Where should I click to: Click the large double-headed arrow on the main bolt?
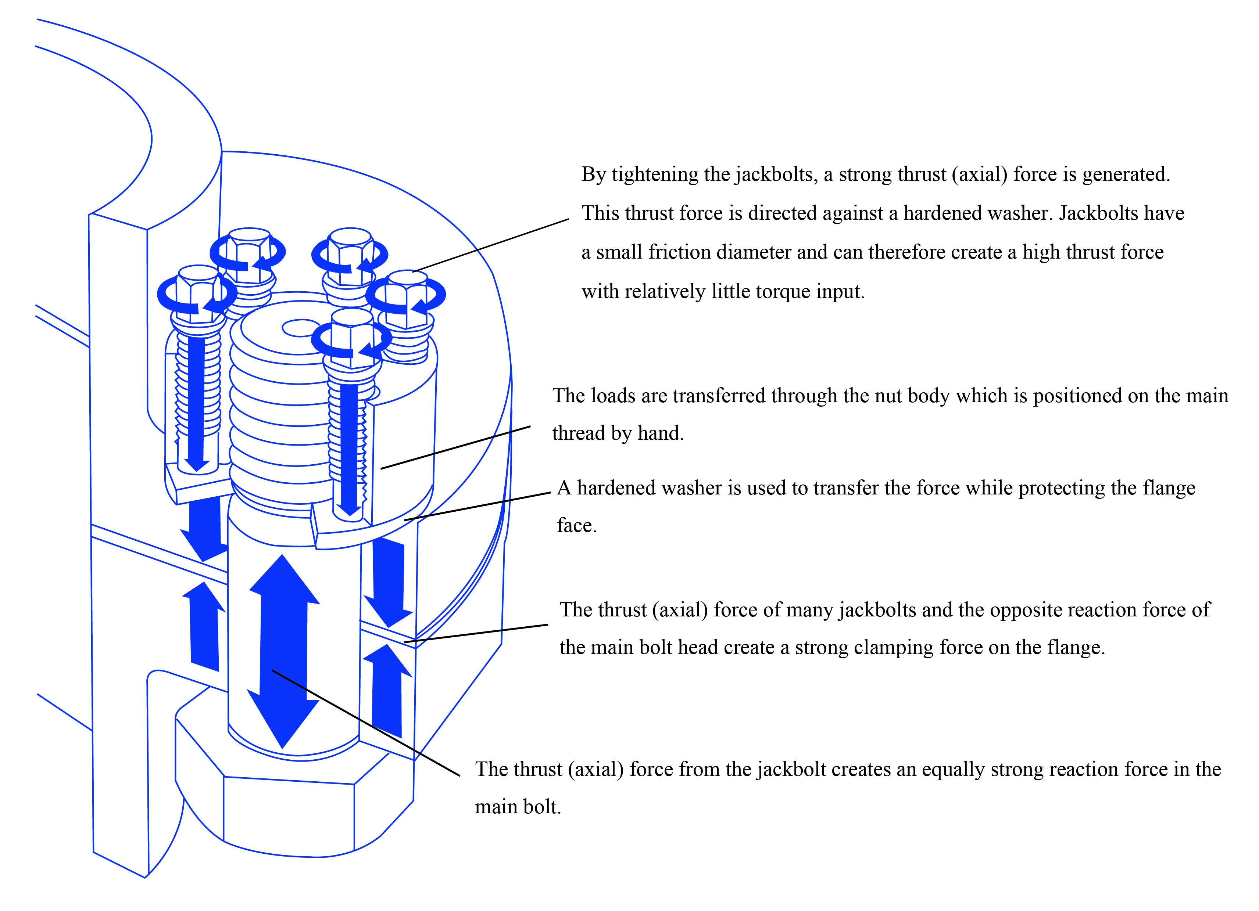(283, 649)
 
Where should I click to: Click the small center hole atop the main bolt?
(300, 328)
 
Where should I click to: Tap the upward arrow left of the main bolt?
(204, 627)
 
